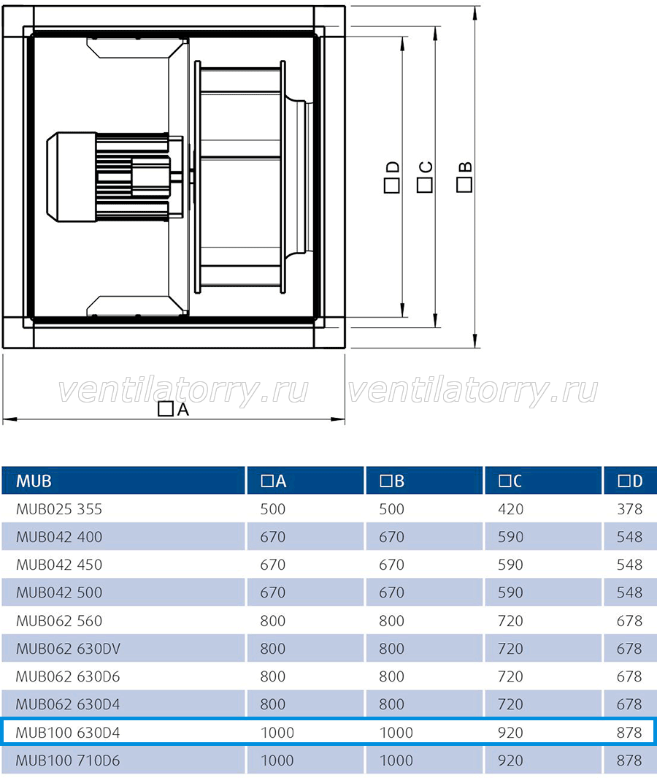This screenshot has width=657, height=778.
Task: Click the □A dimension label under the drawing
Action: click(x=174, y=409)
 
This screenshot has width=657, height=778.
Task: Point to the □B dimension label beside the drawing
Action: click(x=464, y=177)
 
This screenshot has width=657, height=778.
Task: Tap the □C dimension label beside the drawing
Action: click(x=425, y=177)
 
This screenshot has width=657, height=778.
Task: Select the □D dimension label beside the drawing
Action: click(x=392, y=177)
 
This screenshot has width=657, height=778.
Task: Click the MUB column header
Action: click(x=34, y=481)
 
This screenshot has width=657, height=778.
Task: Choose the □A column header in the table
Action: click(x=274, y=481)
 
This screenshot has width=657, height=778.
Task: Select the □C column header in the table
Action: click(x=511, y=481)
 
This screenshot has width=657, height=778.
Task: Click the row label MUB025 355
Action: click(x=59, y=509)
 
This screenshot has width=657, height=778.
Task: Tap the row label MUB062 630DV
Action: click(x=68, y=649)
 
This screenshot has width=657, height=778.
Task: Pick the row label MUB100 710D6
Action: click(x=68, y=760)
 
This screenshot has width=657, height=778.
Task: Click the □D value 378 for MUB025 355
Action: click(x=630, y=509)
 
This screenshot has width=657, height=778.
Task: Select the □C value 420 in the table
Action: click(x=511, y=509)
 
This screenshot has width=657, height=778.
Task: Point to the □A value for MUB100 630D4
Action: click(x=277, y=733)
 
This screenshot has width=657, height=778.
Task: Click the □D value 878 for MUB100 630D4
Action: click(x=630, y=733)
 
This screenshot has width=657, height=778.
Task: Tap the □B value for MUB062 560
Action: click(x=392, y=621)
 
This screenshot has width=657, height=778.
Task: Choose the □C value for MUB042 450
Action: click(x=511, y=565)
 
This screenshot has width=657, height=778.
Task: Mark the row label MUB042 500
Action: click(x=59, y=592)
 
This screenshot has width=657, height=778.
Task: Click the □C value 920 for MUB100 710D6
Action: click(x=511, y=760)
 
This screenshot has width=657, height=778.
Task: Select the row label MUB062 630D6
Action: click(x=68, y=676)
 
